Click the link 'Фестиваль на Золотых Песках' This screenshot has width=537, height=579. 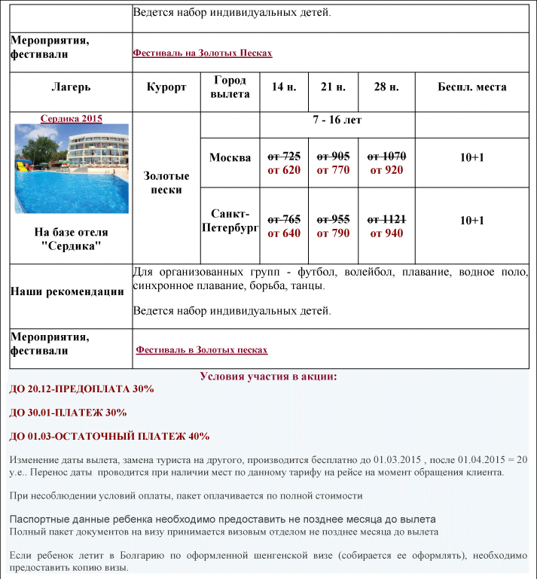click(202, 53)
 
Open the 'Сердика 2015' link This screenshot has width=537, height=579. click(72, 118)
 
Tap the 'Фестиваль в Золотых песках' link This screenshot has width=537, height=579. click(202, 350)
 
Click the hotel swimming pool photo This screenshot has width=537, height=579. click(72, 169)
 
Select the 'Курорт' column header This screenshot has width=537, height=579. click(166, 87)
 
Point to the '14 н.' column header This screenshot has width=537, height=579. click(284, 87)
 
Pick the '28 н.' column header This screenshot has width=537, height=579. click(386, 87)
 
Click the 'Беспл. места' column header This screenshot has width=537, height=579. click(472, 87)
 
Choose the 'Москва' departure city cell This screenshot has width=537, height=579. click(230, 157)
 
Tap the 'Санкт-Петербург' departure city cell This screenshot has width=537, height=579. click(230, 220)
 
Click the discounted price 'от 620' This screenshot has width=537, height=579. click(284, 170)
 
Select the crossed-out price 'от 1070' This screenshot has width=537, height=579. click(386, 157)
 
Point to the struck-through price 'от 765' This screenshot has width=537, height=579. click(284, 219)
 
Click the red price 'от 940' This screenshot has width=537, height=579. click(386, 233)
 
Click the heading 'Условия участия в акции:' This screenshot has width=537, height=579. click(268, 376)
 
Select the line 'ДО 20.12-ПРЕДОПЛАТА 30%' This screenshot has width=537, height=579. click(81, 389)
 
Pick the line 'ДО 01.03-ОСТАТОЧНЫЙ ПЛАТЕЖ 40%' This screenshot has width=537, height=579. click(109, 436)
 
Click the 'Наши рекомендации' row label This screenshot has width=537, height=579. click(67, 292)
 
